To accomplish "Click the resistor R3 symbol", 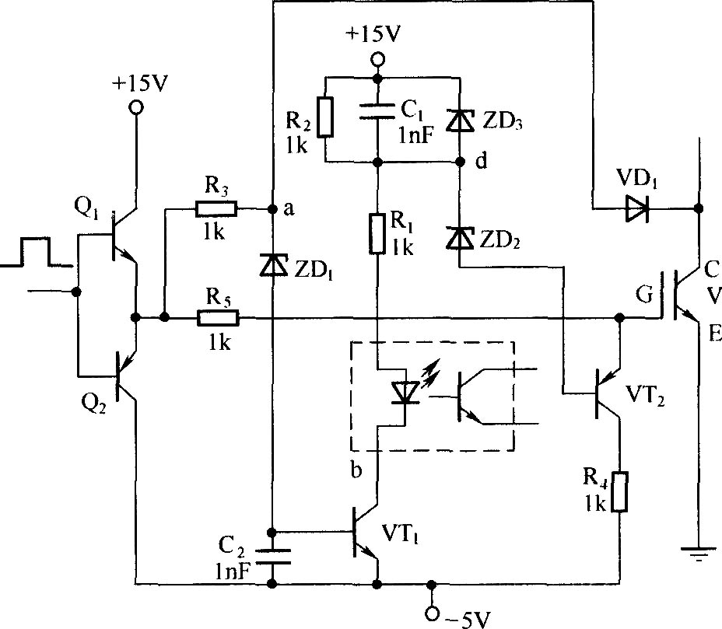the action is pos(216,209).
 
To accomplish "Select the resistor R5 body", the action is pos(219,318).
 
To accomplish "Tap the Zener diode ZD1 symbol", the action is pos(274,265).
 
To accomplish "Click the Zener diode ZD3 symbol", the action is pos(460,121).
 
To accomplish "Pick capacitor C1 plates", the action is pos(377,112).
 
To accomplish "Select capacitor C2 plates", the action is pos(273,556).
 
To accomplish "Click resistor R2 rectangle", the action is pos(325,117).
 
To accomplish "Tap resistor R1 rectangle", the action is pos(377,233).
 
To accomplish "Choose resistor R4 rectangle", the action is pos(620,491).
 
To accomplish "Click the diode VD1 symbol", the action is pos(638,208).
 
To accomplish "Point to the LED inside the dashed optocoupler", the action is pos(405,393).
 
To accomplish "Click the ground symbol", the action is pos(699,554).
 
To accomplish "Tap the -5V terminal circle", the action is pos(432,613).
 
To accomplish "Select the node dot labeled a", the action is pos(273,209).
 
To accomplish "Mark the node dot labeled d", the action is pos(460,162).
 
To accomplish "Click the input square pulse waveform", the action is pos(37,252).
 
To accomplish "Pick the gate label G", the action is pos(644,295).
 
